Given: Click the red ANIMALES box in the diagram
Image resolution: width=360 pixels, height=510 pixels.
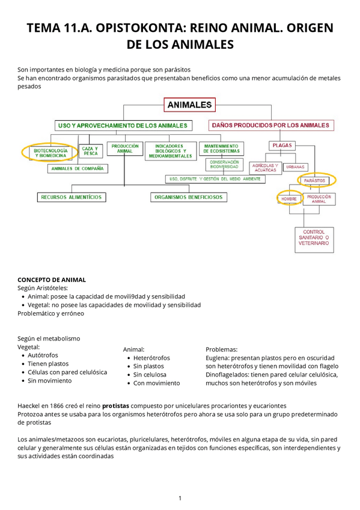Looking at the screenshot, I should [x=189, y=105].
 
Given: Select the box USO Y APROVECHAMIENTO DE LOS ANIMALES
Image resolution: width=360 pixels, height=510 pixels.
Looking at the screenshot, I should [x=123, y=126].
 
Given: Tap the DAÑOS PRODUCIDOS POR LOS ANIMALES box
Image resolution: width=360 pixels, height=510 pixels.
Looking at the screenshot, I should [x=270, y=125].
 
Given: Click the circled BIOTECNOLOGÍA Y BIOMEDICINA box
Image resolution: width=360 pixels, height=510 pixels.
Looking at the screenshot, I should [x=50, y=153].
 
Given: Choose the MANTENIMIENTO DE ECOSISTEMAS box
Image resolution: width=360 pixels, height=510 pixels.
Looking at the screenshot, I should [x=221, y=148].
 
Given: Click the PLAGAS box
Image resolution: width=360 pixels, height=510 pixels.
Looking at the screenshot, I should [x=282, y=145].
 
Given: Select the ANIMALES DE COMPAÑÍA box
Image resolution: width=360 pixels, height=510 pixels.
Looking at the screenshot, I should [x=78, y=169].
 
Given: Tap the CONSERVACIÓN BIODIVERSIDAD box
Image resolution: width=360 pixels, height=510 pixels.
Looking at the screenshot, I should [x=225, y=164].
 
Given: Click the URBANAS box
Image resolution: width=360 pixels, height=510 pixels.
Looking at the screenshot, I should [x=295, y=167].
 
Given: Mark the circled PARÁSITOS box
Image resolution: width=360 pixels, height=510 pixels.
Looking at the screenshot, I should [x=315, y=180].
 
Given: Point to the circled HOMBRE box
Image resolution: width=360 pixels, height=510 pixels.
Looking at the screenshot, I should [x=290, y=199].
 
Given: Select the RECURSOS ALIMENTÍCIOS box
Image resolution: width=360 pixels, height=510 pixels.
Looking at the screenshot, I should [x=71, y=197].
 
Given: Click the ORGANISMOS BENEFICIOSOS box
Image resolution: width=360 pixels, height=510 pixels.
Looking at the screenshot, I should [x=188, y=197].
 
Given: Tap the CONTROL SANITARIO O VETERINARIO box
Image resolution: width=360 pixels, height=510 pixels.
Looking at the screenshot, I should [x=314, y=238].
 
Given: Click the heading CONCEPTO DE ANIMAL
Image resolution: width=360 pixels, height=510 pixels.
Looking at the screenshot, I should [x=52, y=280].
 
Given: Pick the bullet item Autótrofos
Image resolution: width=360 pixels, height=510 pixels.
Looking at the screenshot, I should [x=44, y=355].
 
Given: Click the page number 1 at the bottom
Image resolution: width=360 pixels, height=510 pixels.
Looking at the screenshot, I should [x=180, y=498].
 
